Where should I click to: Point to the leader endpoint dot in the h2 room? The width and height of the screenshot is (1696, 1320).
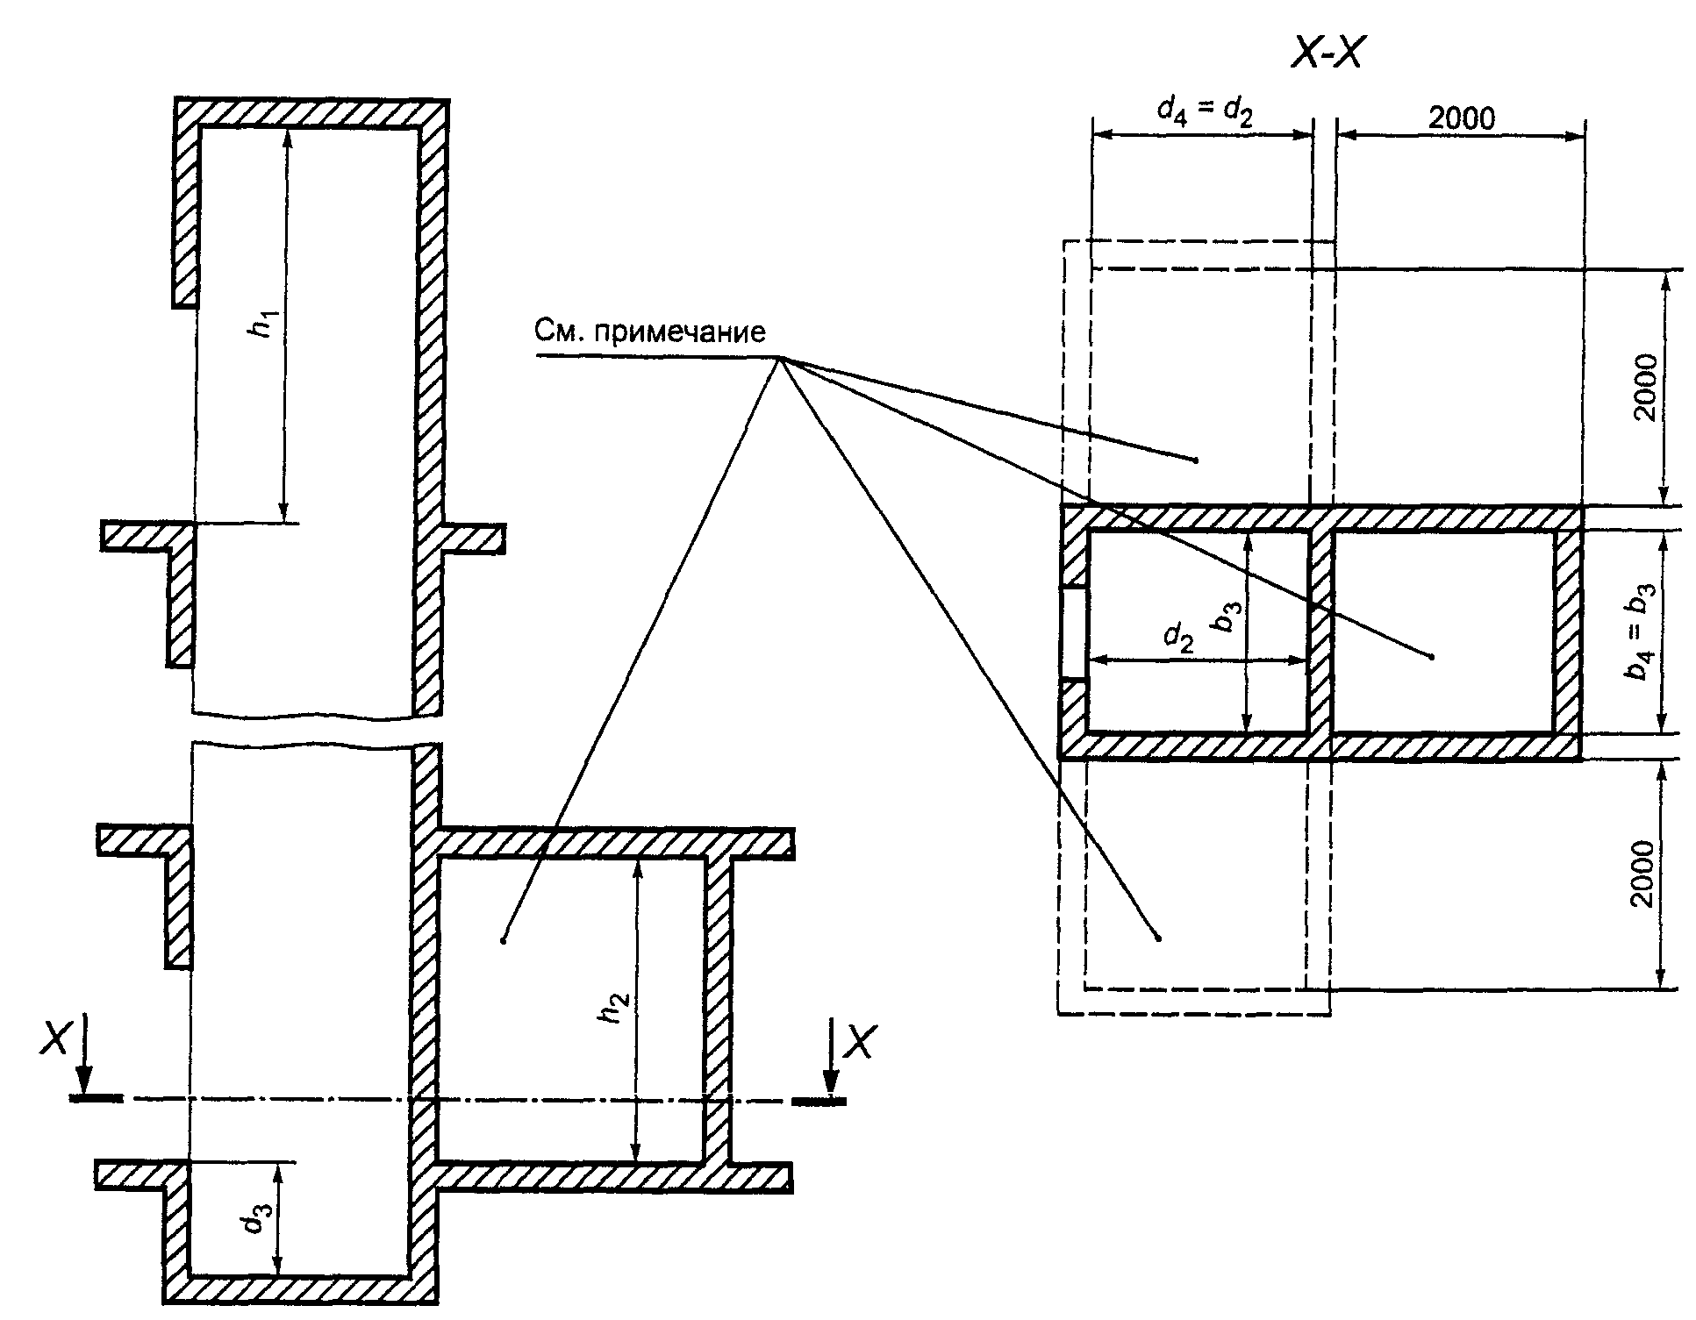tap(504, 941)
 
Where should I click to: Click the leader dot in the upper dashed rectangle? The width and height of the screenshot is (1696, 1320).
tap(1196, 460)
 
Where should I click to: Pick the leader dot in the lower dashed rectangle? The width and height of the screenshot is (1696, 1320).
tap(1158, 938)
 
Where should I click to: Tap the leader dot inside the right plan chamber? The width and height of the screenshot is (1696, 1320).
tap(1432, 656)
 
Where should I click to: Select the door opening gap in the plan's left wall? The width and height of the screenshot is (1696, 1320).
tap(1074, 632)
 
